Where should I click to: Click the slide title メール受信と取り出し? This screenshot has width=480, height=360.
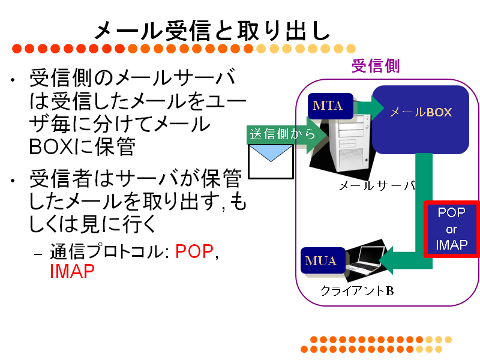click(x=212, y=31)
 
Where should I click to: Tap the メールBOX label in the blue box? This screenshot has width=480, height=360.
click(x=421, y=112)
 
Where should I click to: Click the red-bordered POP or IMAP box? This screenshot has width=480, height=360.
click(x=452, y=229)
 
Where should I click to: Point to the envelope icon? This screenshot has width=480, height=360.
click(x=271, y=161)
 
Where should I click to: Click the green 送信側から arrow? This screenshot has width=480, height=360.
click(x=286, y=134)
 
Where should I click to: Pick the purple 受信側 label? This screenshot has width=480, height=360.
click(x=376, y=66)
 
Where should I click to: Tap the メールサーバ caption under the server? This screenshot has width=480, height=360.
click(x=377, y=185)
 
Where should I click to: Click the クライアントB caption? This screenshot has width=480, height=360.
click(x=357, y=290)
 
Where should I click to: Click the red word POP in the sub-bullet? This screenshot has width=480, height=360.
click(x=194, y=251)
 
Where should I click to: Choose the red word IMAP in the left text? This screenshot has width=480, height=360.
click(x=72, y=271)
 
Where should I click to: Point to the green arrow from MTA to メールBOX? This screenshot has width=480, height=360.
click(x=368, y=107)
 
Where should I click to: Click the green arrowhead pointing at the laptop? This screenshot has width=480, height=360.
click(x=386, y=261)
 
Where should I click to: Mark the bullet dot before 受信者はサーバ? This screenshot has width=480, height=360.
click(x=13, y=181)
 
